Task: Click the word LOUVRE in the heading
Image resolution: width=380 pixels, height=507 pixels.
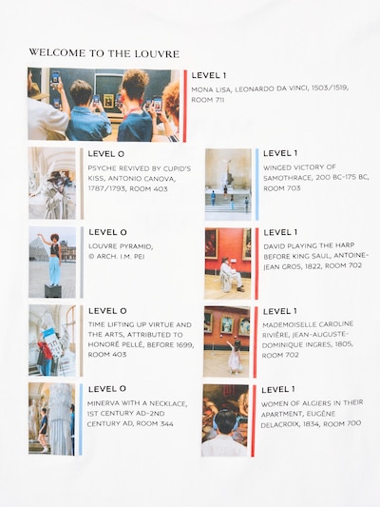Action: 157,53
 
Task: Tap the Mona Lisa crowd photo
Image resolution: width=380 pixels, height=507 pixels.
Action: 104,105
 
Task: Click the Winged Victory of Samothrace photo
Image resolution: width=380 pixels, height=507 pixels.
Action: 228,185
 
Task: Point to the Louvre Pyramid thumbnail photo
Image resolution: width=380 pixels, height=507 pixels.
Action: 52,262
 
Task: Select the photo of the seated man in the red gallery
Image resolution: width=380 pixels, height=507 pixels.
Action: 228,263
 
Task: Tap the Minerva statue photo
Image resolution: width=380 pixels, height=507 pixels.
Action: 51,419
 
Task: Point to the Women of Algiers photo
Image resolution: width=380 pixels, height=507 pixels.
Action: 225,420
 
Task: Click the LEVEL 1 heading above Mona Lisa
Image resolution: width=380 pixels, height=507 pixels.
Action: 209,75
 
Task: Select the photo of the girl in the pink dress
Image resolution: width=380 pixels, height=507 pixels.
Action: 227,341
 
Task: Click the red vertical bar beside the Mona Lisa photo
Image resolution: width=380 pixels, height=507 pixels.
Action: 185,106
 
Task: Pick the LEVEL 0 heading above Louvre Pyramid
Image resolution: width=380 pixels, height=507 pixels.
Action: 108,232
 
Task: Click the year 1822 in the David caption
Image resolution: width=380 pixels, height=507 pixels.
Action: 313,266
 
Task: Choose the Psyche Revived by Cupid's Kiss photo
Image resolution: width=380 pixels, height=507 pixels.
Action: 52,184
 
